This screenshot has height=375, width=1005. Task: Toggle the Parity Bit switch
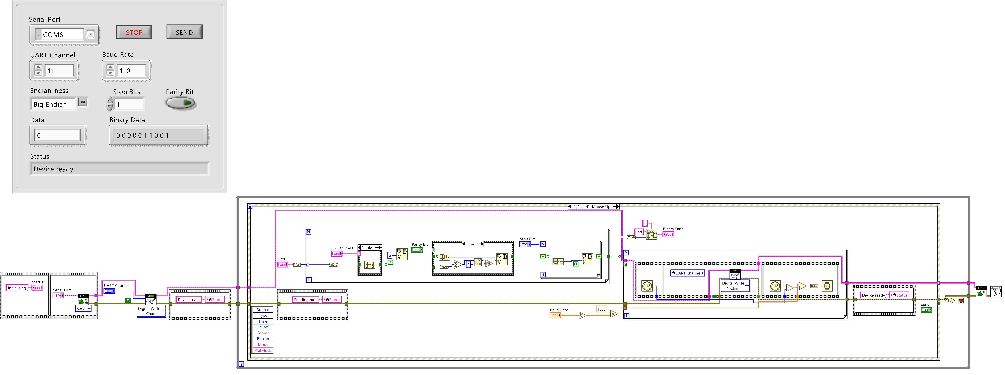coord(180,103)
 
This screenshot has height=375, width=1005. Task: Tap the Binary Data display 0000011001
coord(158,135)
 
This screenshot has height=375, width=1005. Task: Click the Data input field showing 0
coord(58,135)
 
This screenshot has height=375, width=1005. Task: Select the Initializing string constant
coord(17,288)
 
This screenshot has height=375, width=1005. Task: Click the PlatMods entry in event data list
coord(263,350)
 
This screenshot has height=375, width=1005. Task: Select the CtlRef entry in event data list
coord(263,327)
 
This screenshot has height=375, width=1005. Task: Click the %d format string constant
coord(639,232)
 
